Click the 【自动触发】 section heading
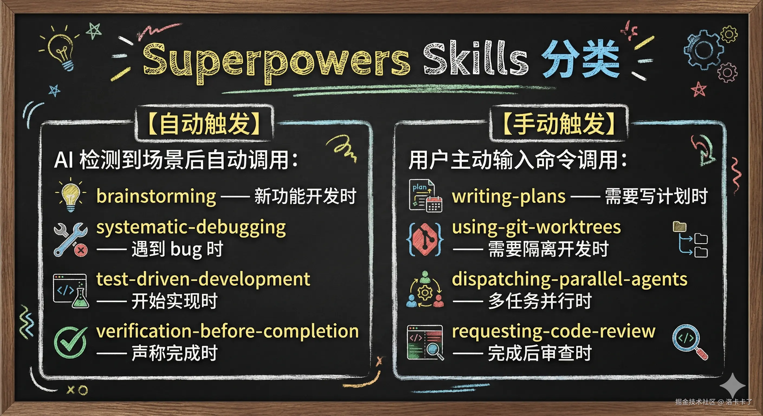pyautogui.click(x=204, y=123)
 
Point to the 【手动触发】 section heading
pyautogui.click(x=559, y=123)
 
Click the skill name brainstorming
pyautogui.click(x=156, y=197)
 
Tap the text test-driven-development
pyautogui.click(x=203, y=279)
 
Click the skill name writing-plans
pyautogui.click(x=509, y=197)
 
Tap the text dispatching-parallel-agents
pyautogui.click(x=569, y=279)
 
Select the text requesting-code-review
pyautogui.click(x=553, y=331)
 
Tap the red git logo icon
pyautogui.click(x=425, y=239)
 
